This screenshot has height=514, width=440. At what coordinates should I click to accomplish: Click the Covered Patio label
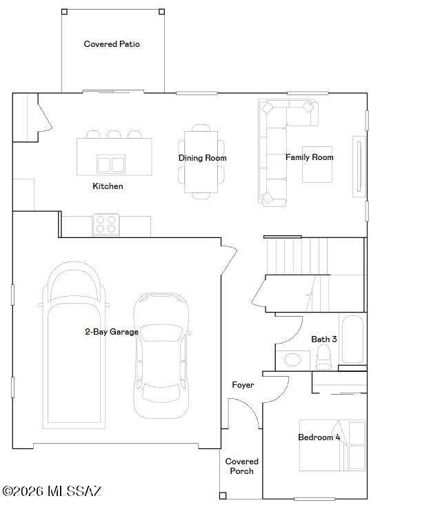pos(112,44)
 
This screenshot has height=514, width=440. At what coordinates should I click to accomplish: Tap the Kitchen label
pos(108,186)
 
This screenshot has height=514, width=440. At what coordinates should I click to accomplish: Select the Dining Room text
pos(203,158)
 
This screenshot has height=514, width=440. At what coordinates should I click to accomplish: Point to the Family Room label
pos(309,157)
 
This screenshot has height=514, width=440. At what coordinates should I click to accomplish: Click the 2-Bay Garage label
pos(112,332)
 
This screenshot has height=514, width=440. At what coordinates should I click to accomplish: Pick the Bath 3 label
pos(324,339)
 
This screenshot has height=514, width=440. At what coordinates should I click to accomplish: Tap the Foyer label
pos(243,385)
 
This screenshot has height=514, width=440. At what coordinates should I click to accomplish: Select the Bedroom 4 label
pos(319,437)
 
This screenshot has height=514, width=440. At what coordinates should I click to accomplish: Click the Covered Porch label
pos(242,466)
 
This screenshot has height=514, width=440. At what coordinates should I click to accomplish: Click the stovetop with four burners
pos(106,224)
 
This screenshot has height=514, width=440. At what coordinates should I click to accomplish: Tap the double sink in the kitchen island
pos(111,164)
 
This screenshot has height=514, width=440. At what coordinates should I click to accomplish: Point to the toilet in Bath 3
pos(323,357)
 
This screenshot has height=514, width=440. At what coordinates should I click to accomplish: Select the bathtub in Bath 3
pos(352,339)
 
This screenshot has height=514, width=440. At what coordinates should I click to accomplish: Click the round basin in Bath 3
pos(292,360)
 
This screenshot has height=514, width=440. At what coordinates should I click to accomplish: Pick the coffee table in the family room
pos(317,165)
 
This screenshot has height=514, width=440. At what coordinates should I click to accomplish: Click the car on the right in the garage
pos(161,356)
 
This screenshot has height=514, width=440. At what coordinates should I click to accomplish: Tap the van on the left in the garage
pos(74,345)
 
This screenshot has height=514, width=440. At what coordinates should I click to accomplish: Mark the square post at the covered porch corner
pos(223,495)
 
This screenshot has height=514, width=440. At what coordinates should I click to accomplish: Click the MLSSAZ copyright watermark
pos(52,491)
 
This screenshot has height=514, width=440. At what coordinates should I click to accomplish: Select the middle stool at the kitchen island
pos(114,134)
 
